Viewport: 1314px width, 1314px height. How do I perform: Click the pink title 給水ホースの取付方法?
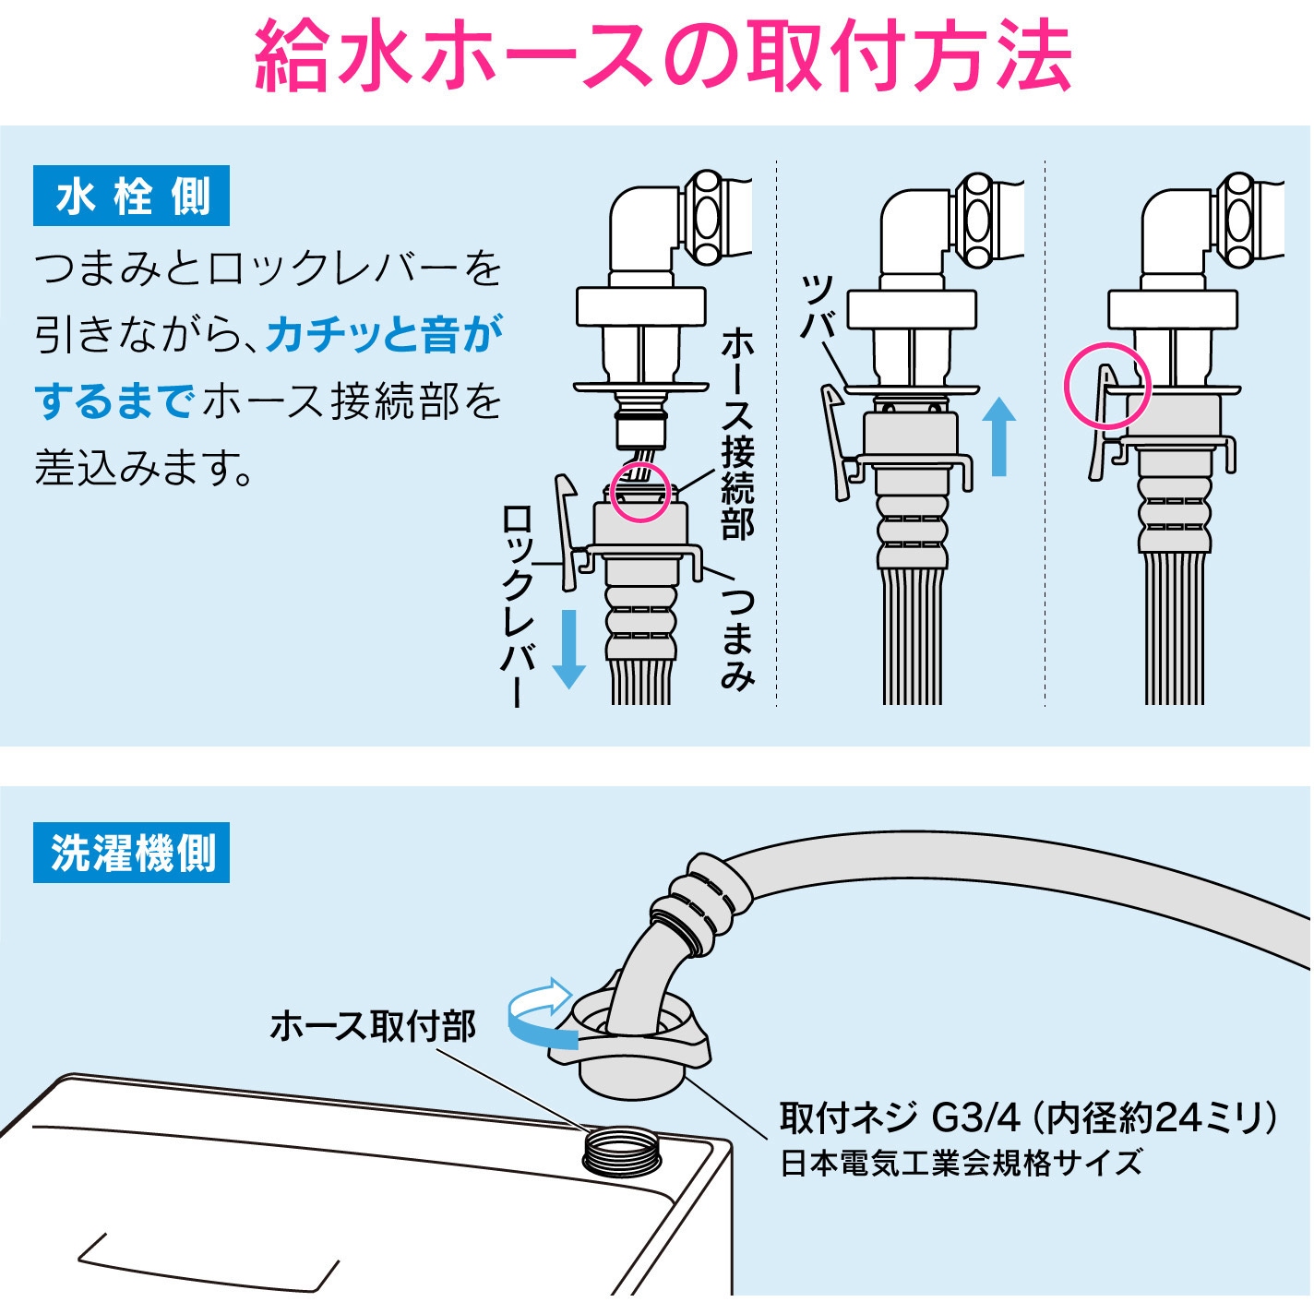[663, 57]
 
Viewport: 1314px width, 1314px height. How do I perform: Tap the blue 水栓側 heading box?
[131, 197]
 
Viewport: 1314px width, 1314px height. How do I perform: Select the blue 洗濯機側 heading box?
[131, 853]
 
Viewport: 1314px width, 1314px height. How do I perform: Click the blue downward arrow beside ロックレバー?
[568, 650]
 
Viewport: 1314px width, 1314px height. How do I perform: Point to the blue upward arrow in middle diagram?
[997, 436]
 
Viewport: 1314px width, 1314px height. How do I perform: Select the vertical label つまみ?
[737, 637]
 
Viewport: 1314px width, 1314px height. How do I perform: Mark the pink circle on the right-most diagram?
[1107, 386]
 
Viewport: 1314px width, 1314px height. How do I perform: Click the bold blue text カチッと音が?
[384, 334]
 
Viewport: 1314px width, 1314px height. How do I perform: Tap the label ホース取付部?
[372, 1026]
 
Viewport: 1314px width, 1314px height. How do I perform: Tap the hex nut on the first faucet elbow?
[708, 217]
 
